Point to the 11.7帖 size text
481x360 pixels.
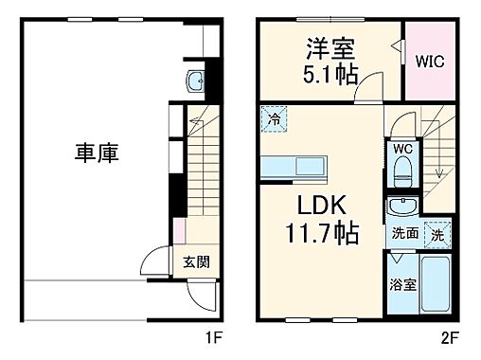pos(318,231)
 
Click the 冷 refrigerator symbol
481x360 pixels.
pos(272,120)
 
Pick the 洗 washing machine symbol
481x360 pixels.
pos(437,232)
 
